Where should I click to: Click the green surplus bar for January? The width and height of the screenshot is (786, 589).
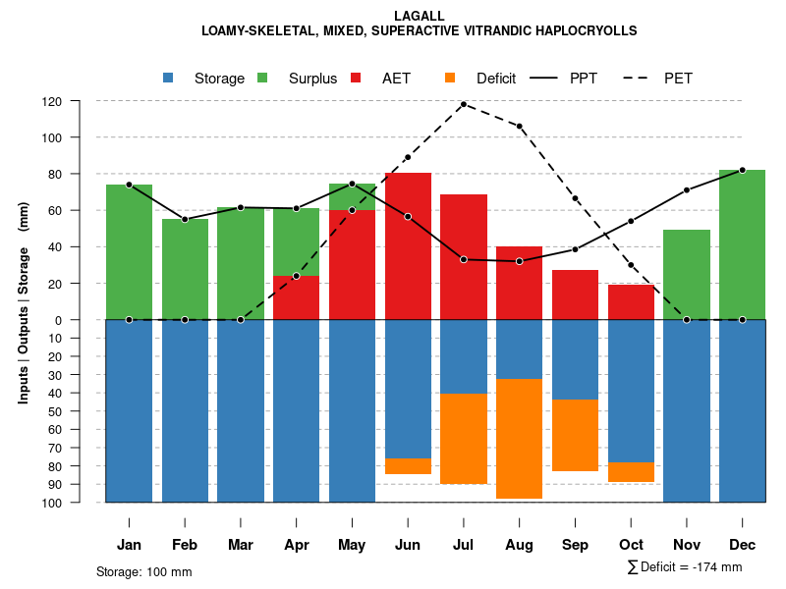[129, 251]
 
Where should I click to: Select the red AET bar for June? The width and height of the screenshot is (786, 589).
[408, 245]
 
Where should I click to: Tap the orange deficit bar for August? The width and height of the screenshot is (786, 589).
[519, 438]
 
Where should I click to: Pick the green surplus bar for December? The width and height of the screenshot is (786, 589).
[742, 244]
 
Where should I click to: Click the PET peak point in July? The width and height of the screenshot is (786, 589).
[464, 104]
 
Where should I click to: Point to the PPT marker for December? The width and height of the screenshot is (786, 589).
[742, 170]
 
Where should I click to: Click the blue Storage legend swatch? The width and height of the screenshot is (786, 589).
[169, 79]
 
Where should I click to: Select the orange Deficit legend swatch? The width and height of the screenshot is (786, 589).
[450, 79]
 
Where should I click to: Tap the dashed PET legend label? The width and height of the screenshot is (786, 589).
[678, 79]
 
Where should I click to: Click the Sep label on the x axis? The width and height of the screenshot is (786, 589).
[575, 545]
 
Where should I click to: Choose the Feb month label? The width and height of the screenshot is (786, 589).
[185, 545]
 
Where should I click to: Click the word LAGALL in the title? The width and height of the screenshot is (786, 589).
[419, 16]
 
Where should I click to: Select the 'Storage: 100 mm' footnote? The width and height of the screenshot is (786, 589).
[144, 571]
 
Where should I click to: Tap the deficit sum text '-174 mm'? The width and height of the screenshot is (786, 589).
[715, 567]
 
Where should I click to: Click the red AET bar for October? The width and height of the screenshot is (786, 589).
[631, 301]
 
